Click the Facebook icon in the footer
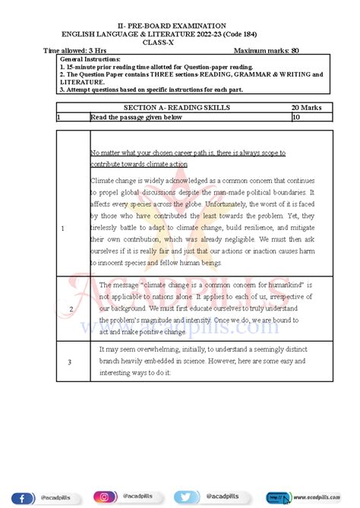(23, 497)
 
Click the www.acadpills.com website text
(315, 498)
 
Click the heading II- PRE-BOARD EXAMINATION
(179, 26)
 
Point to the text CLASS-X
(180, 43)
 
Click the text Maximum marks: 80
(267, 50)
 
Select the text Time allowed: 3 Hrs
(75, 50)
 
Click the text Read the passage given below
(136, 118)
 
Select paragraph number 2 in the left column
(71, 309)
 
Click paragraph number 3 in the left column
(69, 362)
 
